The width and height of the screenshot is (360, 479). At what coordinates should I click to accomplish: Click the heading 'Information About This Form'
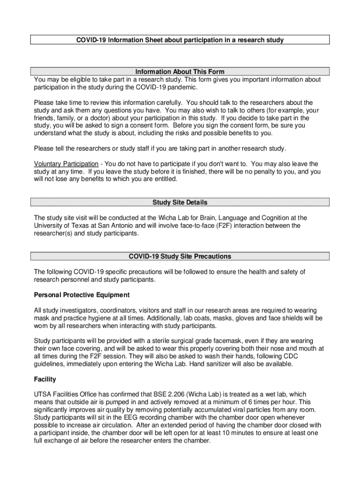click(x=180, y=72)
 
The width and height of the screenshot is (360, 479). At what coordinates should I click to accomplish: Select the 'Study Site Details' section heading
click(x=180, y=203)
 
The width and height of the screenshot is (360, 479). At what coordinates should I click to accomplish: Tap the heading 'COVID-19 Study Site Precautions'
click(x=180, y=257)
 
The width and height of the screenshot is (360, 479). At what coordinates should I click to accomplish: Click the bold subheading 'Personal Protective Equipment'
click(x=82, y=295)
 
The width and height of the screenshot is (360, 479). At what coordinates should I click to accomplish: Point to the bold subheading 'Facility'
click(x=45, y=380)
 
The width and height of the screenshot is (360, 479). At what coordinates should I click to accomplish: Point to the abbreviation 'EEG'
click(x=127, y=418)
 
